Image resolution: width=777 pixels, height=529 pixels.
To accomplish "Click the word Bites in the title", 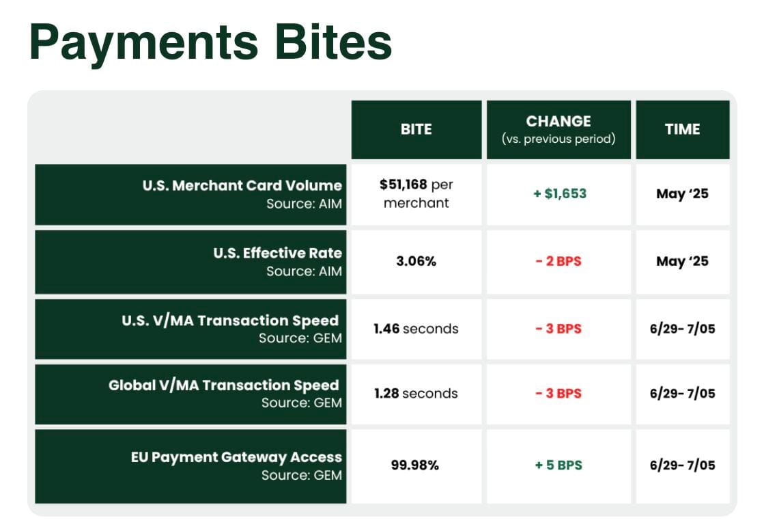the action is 333,42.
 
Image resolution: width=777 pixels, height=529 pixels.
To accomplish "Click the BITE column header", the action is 416,129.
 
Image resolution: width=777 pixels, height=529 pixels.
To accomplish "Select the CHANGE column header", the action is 559,121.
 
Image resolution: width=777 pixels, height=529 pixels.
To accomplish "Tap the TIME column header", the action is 682,129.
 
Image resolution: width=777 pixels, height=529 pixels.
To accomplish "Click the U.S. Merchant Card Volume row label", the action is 242,185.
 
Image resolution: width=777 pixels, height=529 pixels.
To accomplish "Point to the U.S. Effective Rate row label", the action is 277,253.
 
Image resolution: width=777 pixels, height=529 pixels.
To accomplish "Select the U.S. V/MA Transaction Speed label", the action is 230,321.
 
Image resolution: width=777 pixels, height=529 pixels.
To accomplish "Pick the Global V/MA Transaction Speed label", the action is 223,385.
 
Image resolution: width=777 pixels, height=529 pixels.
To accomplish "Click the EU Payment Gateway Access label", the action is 236,457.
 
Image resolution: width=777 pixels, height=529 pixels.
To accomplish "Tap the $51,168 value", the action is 403,185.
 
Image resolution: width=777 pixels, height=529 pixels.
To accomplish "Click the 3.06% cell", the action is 416,261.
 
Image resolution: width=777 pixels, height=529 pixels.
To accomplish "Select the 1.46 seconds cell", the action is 416,329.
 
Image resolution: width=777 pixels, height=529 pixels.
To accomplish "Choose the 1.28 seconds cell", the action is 416,393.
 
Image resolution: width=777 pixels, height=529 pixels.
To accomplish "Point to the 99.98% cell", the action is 414,465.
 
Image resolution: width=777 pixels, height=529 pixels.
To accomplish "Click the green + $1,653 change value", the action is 559,193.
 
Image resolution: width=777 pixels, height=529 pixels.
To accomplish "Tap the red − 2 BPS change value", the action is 559,261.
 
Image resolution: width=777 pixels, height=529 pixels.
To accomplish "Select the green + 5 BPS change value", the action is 559,465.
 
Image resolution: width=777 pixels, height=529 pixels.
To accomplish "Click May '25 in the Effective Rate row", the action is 682,261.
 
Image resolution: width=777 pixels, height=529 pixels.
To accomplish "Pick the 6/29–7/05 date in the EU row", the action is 682,465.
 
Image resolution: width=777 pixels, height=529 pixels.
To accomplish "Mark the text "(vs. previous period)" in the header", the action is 559,139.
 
